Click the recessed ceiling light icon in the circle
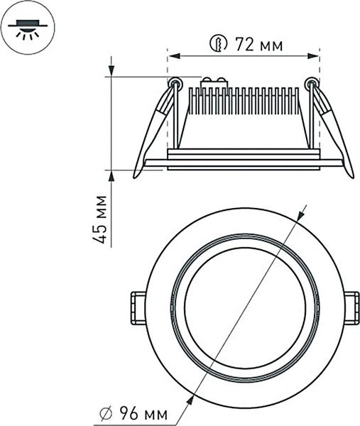tap(28, 28)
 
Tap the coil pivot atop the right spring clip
tap(310, 84)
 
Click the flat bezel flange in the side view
tap(241, 163)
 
